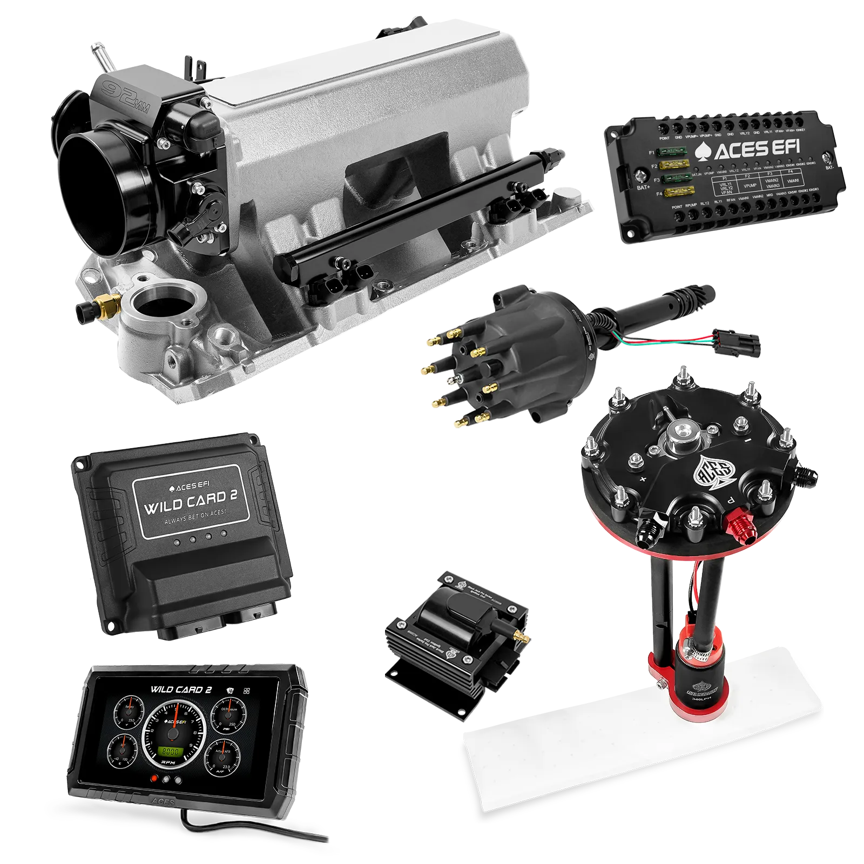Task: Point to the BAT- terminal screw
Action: coord(826,157)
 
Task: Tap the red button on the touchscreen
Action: coord(155,779)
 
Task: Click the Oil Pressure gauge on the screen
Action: coord(224,715)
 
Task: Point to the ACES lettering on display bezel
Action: coord(163,817)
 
